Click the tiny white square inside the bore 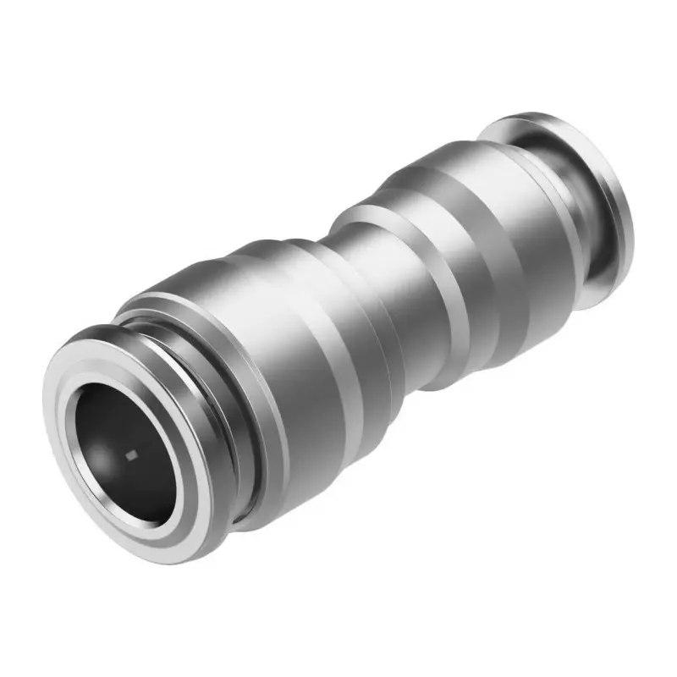[130, 457]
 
